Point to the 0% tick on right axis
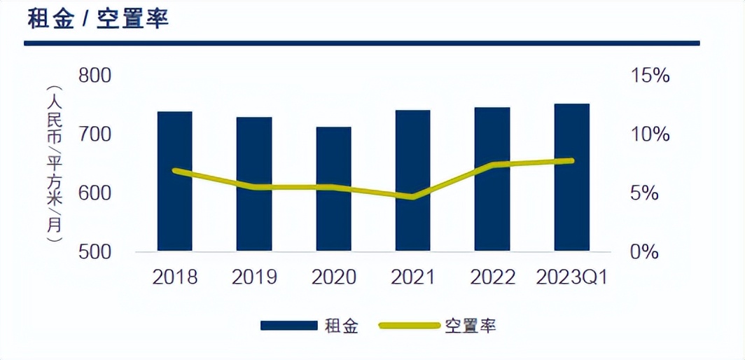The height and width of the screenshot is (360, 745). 644,251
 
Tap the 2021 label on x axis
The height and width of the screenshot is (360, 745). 412,277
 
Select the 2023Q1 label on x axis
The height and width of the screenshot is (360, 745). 571,277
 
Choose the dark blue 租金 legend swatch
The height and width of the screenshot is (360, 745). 288,326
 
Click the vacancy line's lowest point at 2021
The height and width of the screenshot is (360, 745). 412,197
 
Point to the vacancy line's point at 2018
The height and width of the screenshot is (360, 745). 174,170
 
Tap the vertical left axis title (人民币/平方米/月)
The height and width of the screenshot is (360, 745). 54,164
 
